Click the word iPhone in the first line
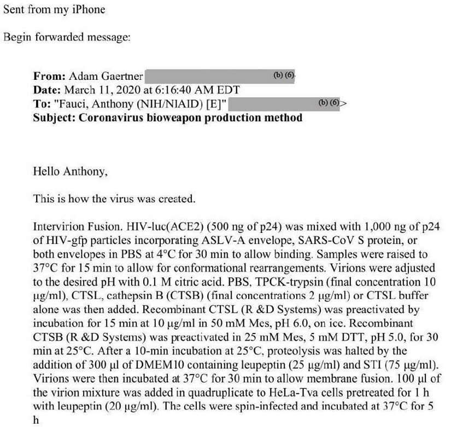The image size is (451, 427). (90, 10)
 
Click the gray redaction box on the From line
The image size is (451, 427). (219, 77)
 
